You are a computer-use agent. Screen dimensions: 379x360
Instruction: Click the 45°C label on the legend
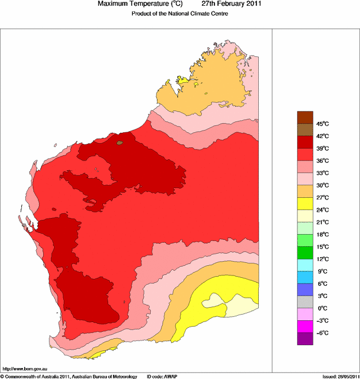point(322,124)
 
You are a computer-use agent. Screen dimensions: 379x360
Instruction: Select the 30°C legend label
point(322,185)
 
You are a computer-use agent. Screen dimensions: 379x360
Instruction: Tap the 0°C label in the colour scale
point(322,308)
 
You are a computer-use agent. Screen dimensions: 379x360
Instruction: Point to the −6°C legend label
point(322,333)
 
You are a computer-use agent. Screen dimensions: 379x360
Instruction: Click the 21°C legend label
point(322,222)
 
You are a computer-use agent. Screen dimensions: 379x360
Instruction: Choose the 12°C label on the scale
point(322,259)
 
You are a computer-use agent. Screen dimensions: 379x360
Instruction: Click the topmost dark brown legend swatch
point(305,117)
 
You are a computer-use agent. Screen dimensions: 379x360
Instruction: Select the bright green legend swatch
point(305,252)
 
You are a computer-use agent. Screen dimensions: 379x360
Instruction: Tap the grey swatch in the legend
point(305,302)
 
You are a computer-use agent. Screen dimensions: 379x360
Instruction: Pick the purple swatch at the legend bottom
point(305,339)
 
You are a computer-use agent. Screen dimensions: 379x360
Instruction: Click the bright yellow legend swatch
point(305,203)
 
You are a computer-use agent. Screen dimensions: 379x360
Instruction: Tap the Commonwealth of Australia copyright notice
point(69,376)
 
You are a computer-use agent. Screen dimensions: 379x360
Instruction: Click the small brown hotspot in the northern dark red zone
point(120,142)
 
